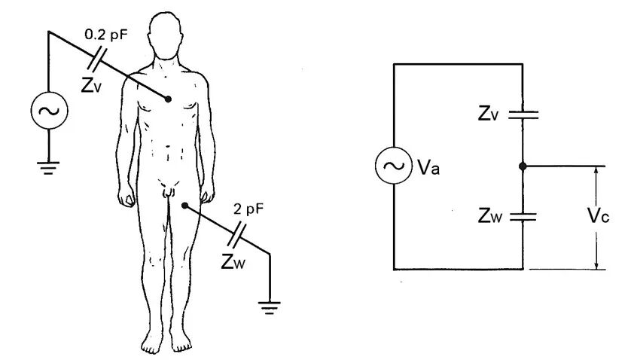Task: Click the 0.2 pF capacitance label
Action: click(106, 35)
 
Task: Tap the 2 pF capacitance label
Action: click(248, 209)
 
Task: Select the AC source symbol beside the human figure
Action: click(49, 111)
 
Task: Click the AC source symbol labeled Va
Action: click(394, 166)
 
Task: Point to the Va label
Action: click(428, 166)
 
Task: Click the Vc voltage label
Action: click(599, 216)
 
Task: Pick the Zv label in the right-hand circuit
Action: click(488, 114)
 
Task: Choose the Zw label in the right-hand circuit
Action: click(490, 215)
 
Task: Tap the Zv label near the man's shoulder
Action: click(91, 84)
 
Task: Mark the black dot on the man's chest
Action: click(168, 99)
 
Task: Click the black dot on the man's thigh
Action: click(184, 206)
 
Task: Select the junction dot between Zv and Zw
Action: click(523, 166)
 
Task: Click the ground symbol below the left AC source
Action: click(48, 168)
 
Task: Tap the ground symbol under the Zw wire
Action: click(270, 307)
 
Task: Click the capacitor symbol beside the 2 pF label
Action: click(236, 234)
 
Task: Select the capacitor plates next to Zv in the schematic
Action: click(523, 115)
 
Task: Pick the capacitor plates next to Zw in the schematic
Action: click(523, 217)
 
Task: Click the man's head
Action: click(165, 35)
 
